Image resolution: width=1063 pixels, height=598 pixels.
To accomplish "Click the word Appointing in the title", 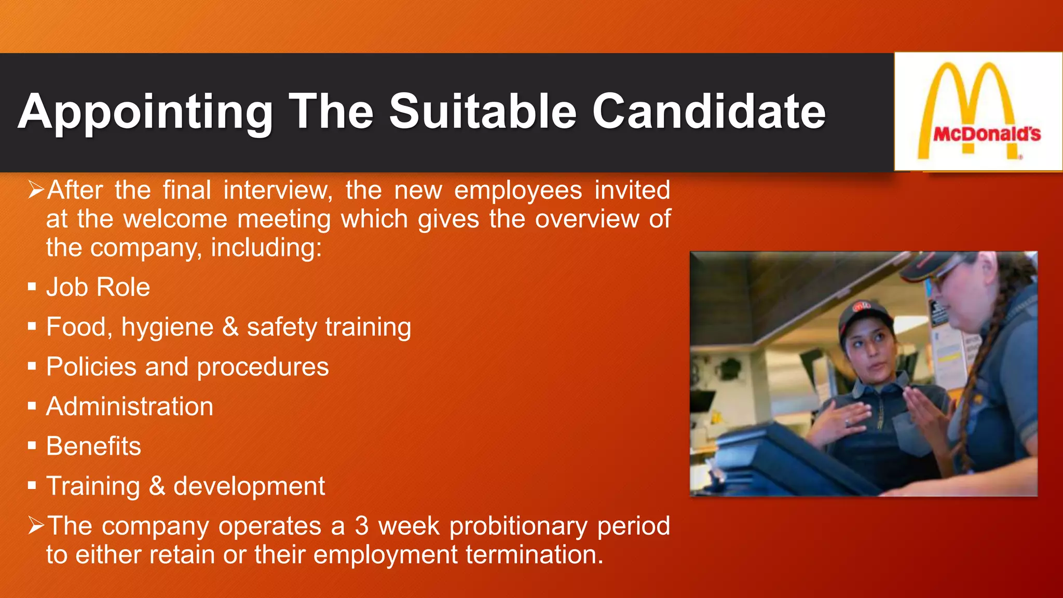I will (x=145, y=112).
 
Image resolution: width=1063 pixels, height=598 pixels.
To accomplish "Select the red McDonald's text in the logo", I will (x=987, y=134).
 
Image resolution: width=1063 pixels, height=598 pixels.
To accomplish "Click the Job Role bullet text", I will (x=98, y=287).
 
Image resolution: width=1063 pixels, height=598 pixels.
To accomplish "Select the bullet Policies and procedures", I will (x=187, y=367).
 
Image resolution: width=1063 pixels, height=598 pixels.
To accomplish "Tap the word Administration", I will (x=130, y=406).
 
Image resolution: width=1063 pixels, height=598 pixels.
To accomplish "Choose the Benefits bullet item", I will (x=93, y=446).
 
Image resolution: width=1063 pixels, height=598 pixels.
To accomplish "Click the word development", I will (x=249, y=486).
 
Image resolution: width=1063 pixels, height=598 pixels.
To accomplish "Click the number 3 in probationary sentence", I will (x=362, y=526).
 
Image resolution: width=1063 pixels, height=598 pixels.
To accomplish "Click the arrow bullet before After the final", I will (x=36, y=190).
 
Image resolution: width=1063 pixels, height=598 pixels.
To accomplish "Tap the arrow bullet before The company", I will (x=36, y=526).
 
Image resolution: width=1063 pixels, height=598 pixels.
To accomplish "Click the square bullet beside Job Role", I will (x=32, y=287).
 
